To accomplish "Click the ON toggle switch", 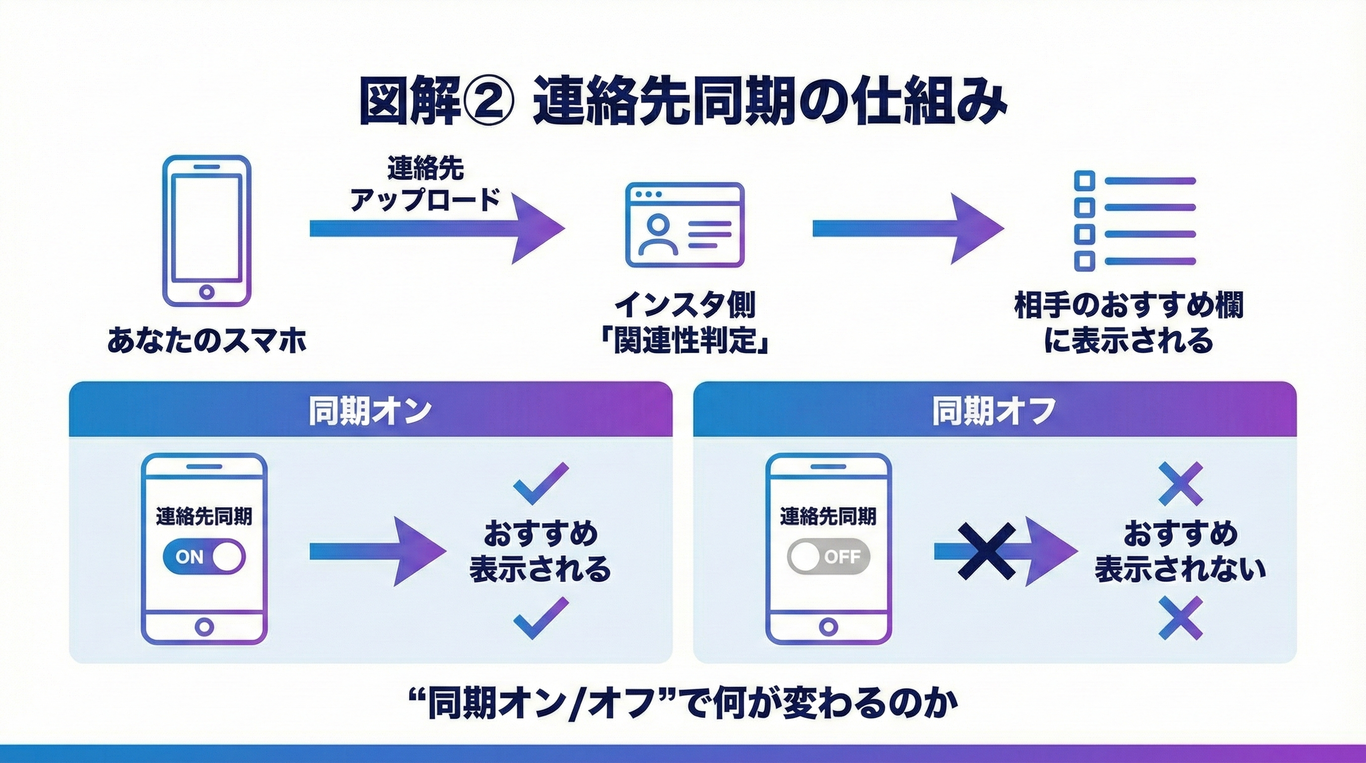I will (x=204, y=556).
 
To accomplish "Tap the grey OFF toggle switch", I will (x=828, y=556).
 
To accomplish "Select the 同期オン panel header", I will (x=370, y=410).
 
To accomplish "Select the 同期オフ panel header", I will (x=994, y=410).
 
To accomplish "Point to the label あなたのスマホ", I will (x=207, y=340).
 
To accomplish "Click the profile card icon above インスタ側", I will (x=684, y=225).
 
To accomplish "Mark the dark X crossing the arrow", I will (x=986, y=551).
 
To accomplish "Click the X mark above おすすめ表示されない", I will (x=1180, y=483).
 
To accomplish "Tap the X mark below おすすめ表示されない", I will (x=1180, y=617).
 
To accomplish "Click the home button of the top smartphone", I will (x=206, y=292).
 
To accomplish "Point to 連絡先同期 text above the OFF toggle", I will (x=828, y=516).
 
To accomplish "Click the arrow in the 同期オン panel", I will (x=378, y=551).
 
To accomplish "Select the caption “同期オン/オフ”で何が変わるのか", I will (x=684, y=704).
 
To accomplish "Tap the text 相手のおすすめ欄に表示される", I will (x=1129, y=323).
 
